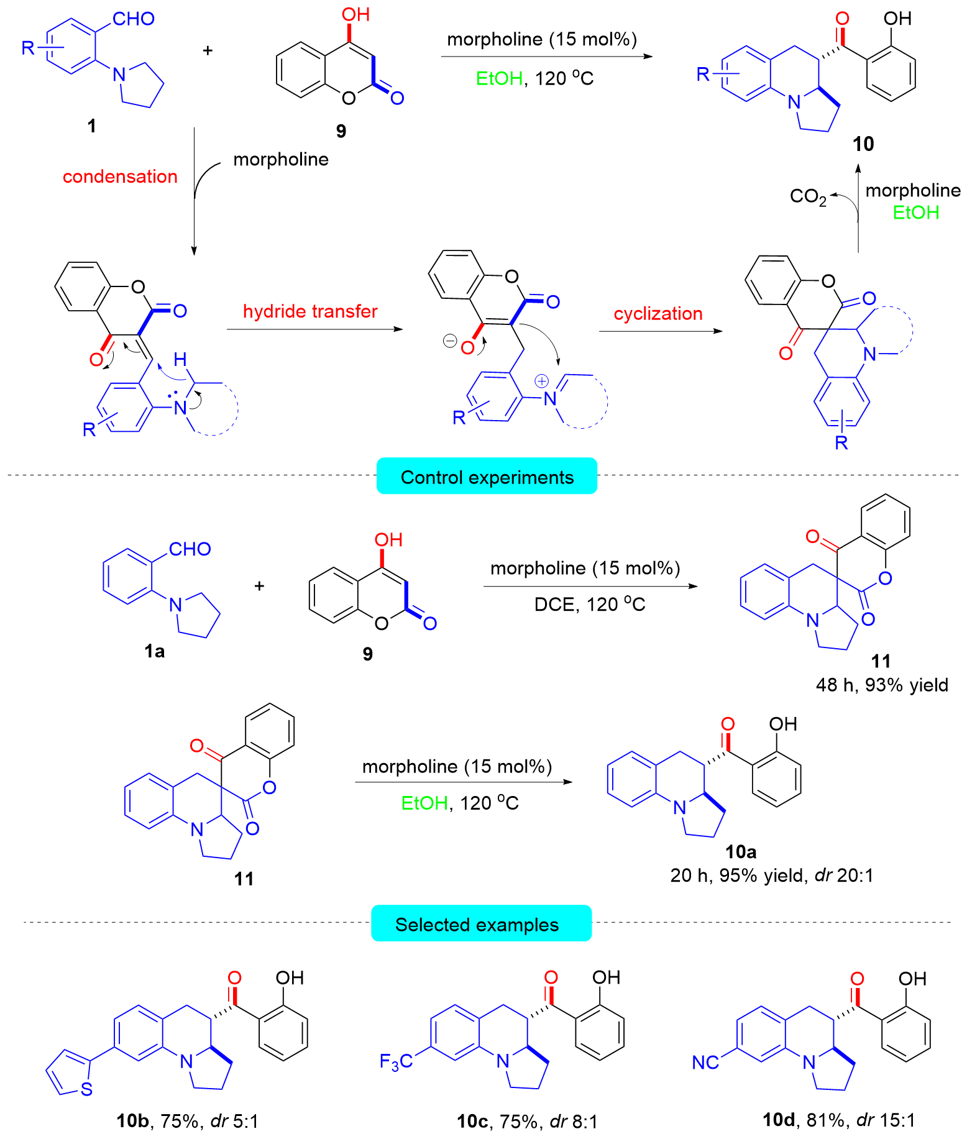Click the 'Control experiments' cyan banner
point(487,477)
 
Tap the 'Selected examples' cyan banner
point(480,924)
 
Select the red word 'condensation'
point(120,176)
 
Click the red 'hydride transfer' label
point(310,311)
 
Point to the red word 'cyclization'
point(658,313)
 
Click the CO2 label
point(808,196)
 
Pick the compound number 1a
point(154,651)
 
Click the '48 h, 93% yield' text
point(882,685)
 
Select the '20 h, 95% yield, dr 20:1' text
point(771,875)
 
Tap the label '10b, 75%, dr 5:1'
point(187,1120)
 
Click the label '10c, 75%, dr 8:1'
point(527,1120)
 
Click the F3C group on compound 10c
point(396,1061)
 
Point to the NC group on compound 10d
point(705,1063)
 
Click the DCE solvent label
point(554,604)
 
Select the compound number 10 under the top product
point(863,144)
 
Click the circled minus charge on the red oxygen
point(449,341)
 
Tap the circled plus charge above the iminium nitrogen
point(541,381)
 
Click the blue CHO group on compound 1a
point(190,549)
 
